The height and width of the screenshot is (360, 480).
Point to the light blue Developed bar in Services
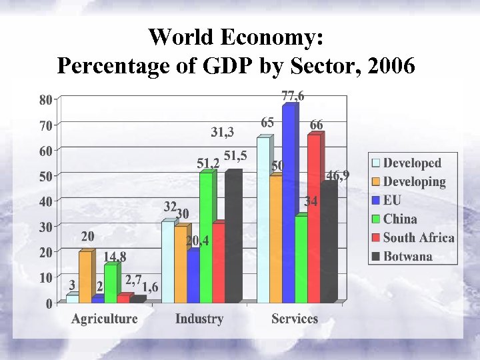click(263, 220)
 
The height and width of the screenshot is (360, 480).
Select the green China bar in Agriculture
click(110, 283)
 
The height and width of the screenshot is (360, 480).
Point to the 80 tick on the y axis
click(45, 100)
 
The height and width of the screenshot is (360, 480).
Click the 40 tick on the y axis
click(45, 201)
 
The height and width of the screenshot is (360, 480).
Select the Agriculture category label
click(104, 319)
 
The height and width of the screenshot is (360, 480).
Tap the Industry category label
click(199, 319)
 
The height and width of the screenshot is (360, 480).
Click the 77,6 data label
click(293, 96)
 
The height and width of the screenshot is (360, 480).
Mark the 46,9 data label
click(337, 176)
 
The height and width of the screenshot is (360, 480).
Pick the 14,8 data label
click(115, 256)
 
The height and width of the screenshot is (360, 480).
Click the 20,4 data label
click(197, 241)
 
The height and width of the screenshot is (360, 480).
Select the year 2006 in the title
click(392, 66)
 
